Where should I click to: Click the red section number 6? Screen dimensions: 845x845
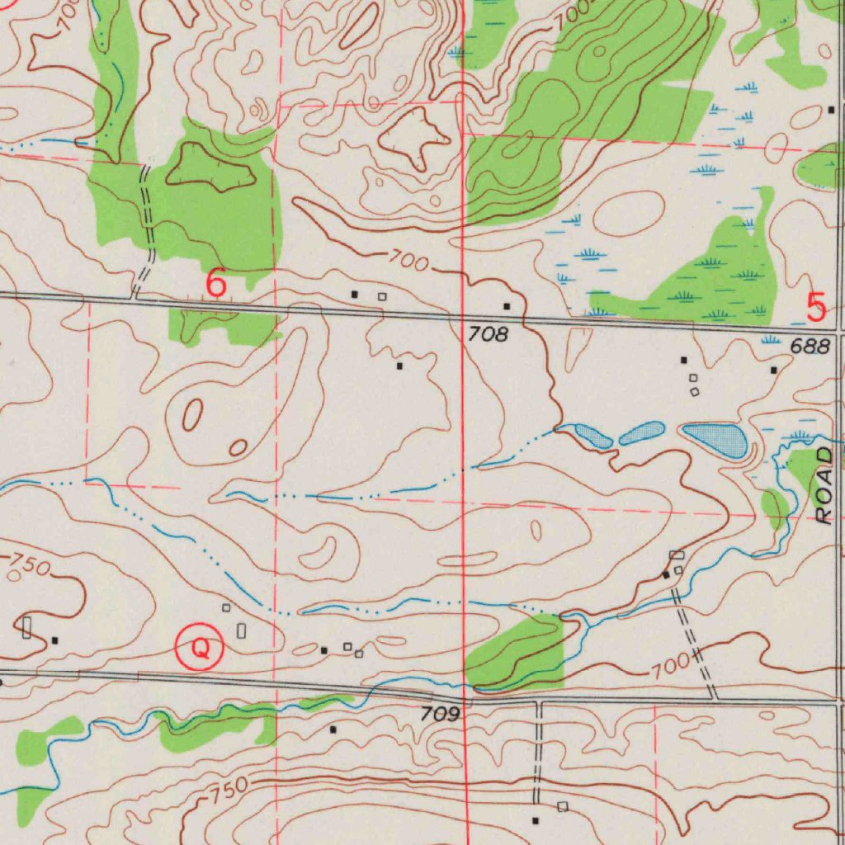[x=215, y=284]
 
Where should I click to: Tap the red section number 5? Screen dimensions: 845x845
[x=816, y=307]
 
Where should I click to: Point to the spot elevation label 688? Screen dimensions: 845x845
[x=810, y=347]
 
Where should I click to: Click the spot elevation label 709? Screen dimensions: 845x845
[x=440, y=715]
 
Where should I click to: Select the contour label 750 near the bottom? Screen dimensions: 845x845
[x=224, y=791]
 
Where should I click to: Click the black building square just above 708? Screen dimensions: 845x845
[x=507, y=306]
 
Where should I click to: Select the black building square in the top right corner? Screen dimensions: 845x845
[x=831, y=110]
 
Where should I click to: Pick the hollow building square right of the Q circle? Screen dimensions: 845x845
[x=241, y=630]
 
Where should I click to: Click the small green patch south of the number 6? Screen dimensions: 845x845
[x=221, y=328]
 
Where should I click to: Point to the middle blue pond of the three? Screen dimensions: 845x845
[x=641, y=432]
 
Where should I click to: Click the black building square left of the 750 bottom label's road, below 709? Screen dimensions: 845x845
[x=333, y=729]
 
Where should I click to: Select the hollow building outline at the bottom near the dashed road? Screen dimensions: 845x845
[x=563, y=805]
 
